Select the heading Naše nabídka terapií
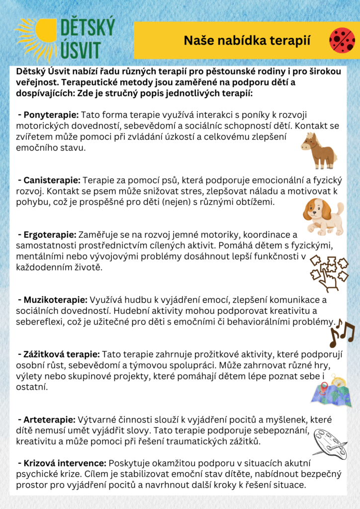(247, 41)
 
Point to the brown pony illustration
(318, 150)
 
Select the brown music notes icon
(342, 332)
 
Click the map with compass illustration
(331, 391)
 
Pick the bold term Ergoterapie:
(46, 234)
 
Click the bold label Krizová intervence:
(62, 462)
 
